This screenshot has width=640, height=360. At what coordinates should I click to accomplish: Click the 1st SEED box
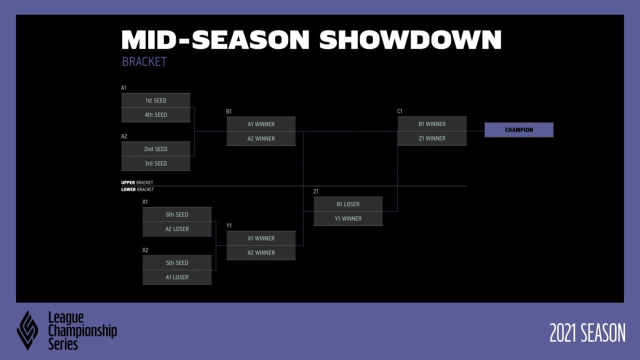155,100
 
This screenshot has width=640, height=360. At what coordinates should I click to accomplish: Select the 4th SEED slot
155,115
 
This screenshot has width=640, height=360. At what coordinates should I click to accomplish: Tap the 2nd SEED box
155,149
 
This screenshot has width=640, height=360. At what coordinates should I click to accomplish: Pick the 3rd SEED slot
155,163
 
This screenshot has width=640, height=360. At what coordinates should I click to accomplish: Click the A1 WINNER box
261,124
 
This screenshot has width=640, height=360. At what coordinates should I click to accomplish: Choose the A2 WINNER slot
261,138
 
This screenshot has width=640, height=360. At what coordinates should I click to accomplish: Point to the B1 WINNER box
432,123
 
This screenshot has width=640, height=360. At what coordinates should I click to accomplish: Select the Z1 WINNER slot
432,138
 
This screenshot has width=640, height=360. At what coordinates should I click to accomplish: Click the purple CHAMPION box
519,129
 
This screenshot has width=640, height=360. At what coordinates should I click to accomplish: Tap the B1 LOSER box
348,204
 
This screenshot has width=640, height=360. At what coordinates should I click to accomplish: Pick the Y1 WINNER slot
348,218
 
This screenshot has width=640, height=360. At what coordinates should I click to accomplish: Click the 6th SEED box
177,214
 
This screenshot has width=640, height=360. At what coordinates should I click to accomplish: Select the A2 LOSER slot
177,229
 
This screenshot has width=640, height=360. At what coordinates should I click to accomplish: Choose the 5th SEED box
177,262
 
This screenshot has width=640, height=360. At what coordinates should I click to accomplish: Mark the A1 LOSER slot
177,277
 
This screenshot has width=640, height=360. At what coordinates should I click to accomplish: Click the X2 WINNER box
261,252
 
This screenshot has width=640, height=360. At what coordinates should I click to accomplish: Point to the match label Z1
315,191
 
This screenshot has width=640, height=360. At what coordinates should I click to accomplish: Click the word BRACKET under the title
144,61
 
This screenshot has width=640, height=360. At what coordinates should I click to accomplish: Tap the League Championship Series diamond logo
27,330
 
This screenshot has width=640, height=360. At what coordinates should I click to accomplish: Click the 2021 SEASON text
587,333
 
